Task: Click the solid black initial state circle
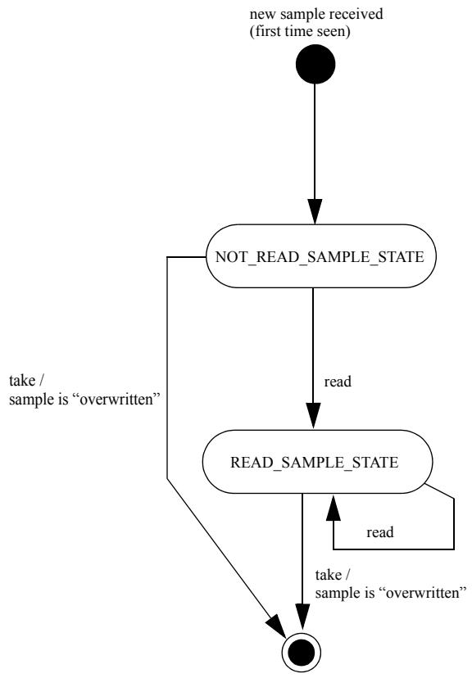tap(315, 64)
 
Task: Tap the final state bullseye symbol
tap(301, 653)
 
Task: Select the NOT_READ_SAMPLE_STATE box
tap(320, 256)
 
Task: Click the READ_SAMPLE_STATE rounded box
tap(317, 461)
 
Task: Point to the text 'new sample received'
tap(316, 14)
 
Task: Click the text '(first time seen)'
tap(300, 31)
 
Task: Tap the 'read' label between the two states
tap(338, 382)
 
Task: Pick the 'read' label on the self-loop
tap(380, 532)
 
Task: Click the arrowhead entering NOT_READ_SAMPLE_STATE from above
tap(315, 211)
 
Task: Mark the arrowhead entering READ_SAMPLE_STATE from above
tap(313, 416)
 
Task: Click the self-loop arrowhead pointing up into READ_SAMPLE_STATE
tap(333, 507)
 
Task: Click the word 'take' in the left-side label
tap(21, 381)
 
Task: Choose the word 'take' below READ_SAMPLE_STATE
tap(328, 575)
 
